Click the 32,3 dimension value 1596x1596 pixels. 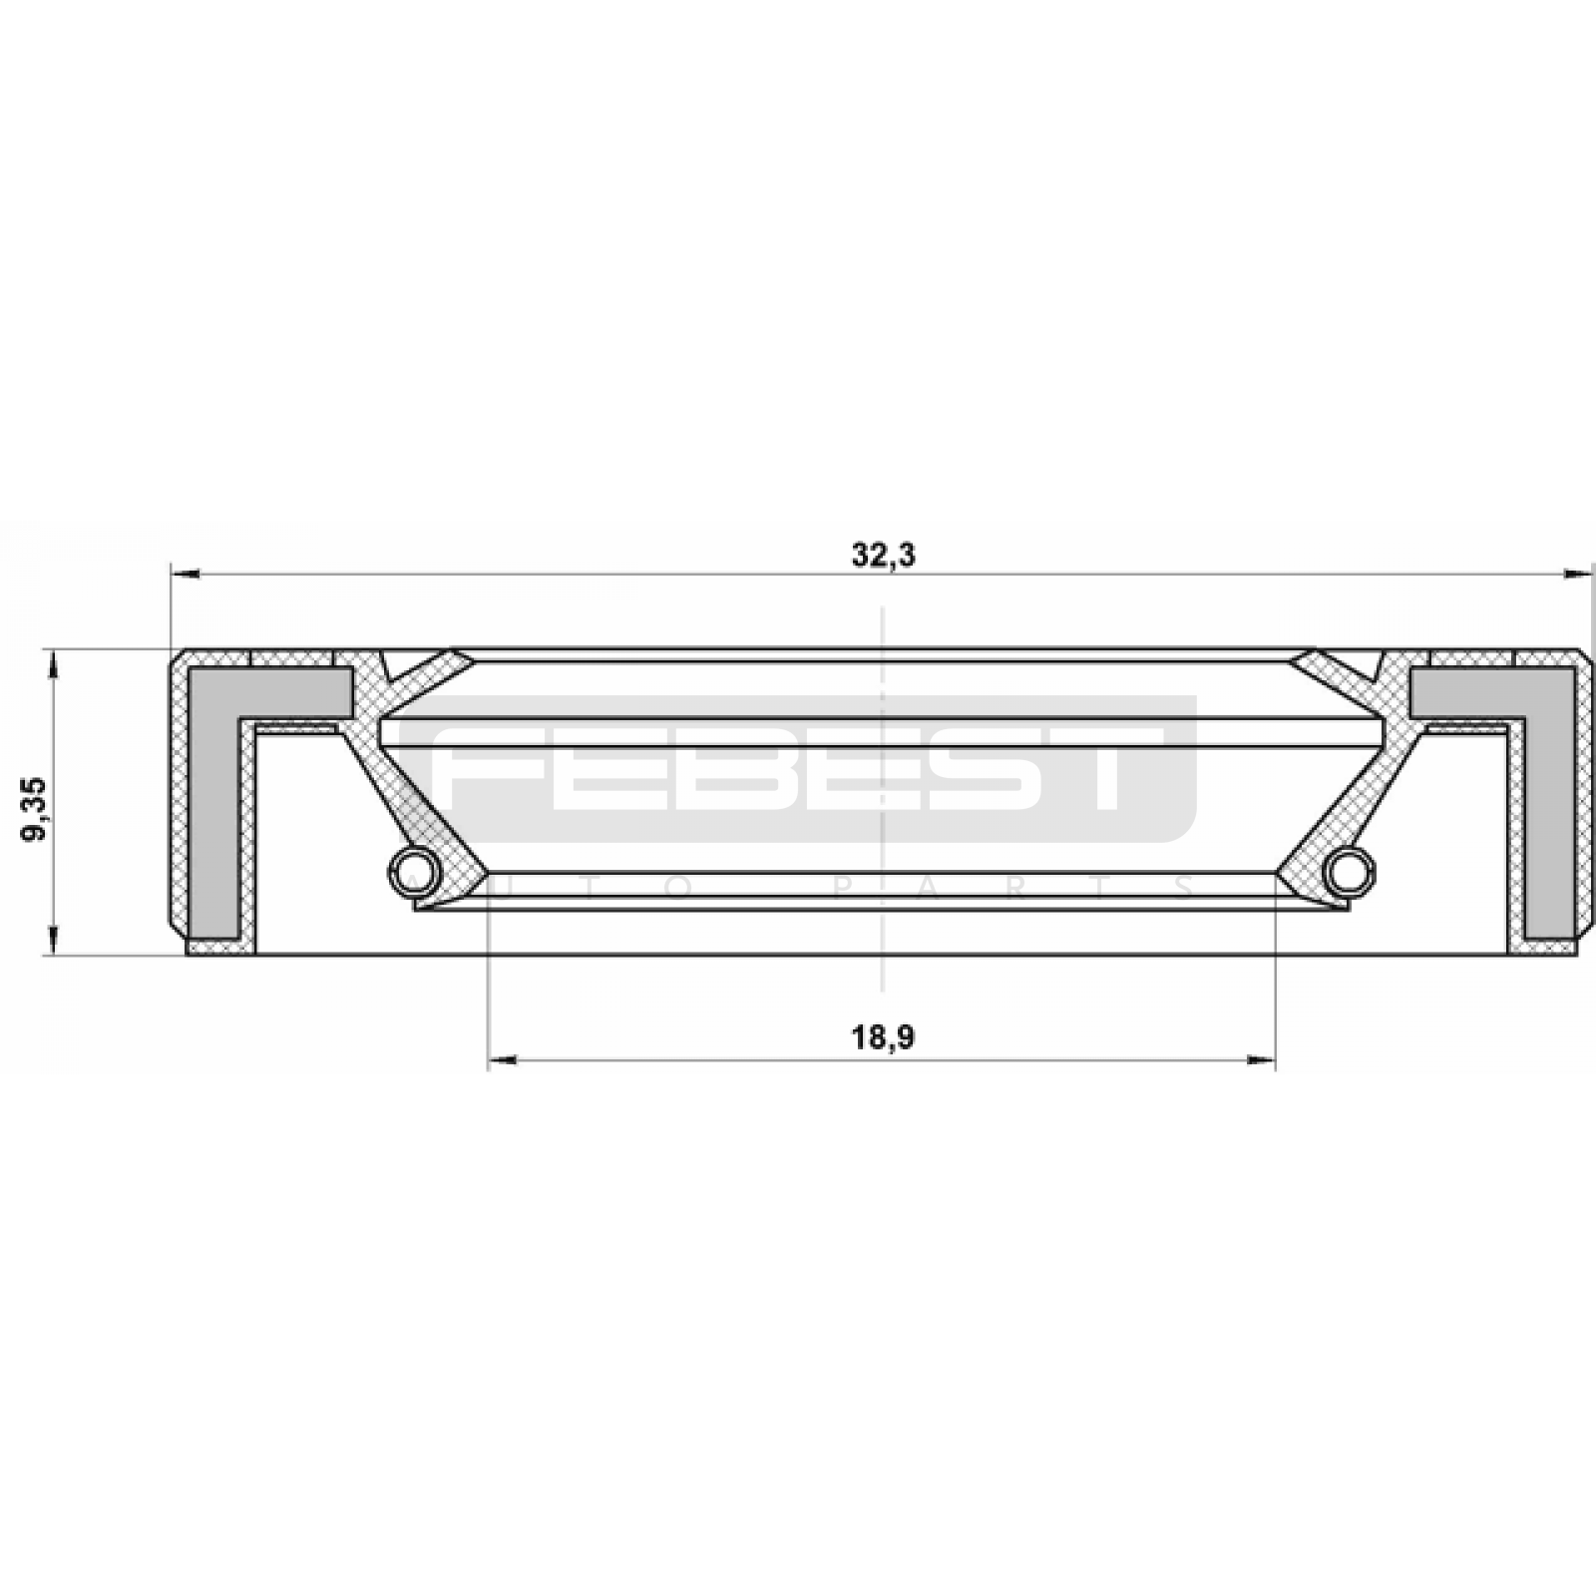point(883,555)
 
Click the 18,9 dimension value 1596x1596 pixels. point(883,1038)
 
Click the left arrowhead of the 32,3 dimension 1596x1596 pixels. point(186,574)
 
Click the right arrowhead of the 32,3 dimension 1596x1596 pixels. point(1578,574)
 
